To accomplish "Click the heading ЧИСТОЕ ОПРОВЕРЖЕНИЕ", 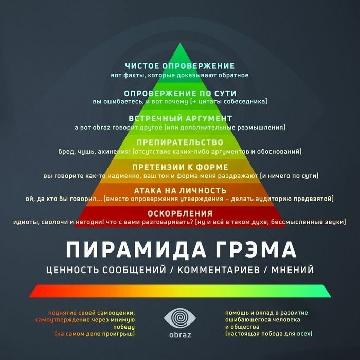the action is coord(180,66).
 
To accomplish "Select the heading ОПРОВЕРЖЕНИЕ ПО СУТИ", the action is coord(180,93).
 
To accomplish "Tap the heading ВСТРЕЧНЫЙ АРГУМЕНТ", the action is coord(180,118).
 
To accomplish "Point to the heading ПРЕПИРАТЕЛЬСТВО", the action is coord(180,142).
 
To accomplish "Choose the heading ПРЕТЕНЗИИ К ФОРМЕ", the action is coord(180,167).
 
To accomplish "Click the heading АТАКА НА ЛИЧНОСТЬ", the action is coord(180,191).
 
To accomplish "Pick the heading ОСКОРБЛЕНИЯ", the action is coord(180,213).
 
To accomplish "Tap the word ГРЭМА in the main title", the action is coord(256,250).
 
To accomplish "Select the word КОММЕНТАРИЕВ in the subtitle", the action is coord(219,270).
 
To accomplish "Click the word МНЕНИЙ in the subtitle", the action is coord(293,270).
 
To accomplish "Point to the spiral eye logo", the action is coord(180,318).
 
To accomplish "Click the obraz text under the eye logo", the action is coord(180,335).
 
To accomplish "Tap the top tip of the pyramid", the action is coord(180,43).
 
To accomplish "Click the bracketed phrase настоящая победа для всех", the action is coord(269,333).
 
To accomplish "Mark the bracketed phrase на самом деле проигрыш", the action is coord(95,334).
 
